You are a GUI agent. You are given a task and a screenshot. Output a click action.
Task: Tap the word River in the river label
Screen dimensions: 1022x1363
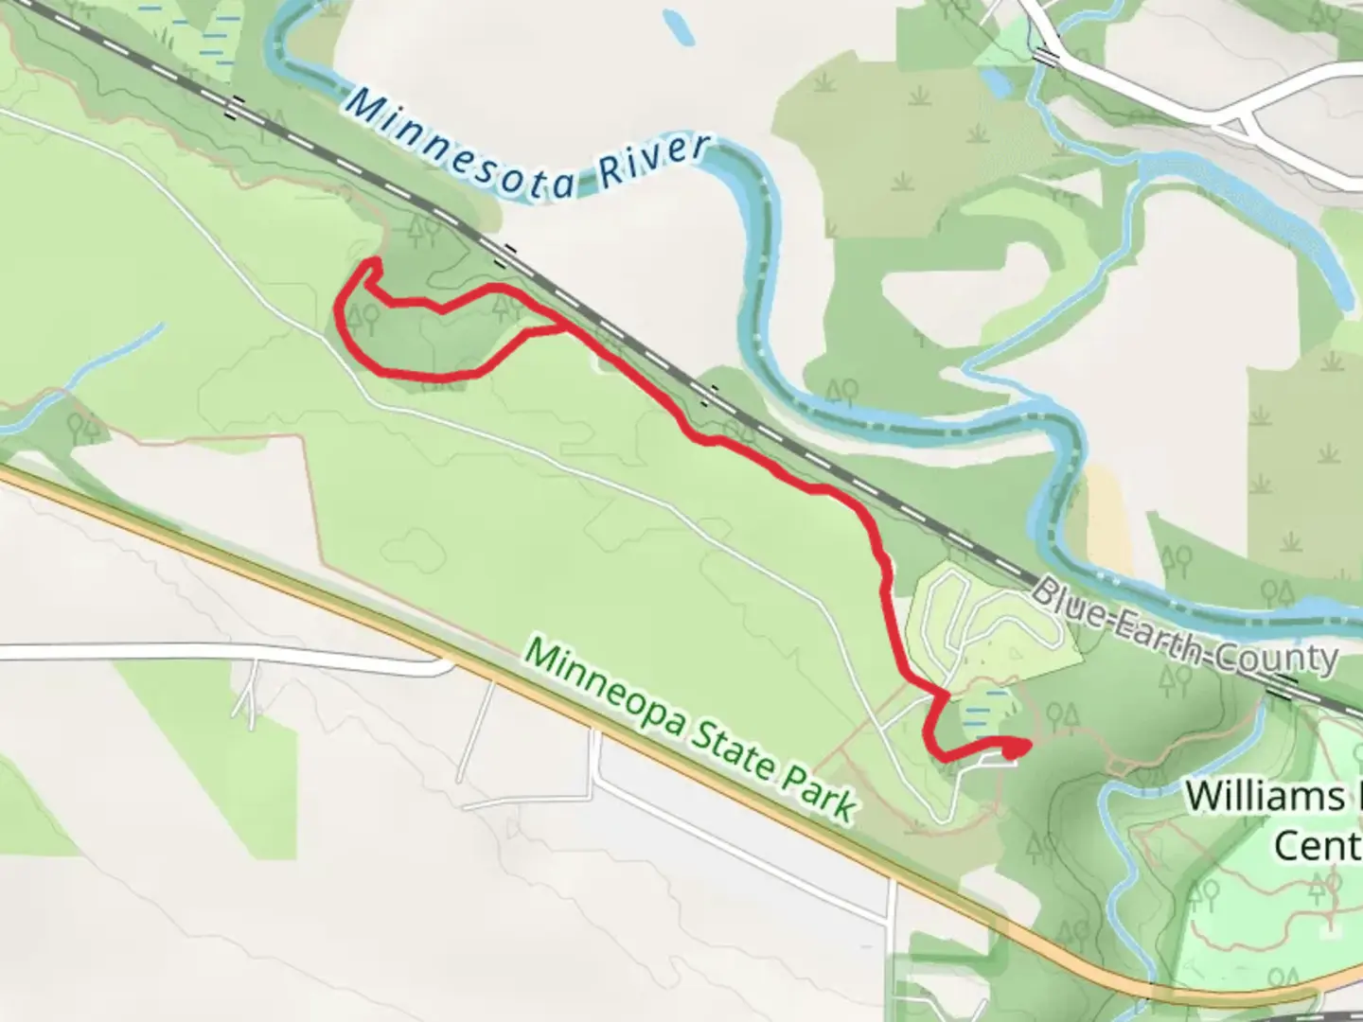tap(653, 165)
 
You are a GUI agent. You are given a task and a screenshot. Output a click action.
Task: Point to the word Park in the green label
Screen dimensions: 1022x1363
tap(820, 796)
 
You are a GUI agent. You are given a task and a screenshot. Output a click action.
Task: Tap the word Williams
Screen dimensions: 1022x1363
tap(1264, 797)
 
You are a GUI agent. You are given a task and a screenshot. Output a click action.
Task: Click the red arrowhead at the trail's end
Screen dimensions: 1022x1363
tap(1017, 749)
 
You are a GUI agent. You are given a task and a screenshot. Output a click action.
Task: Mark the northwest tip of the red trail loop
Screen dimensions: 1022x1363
tap(373, 262)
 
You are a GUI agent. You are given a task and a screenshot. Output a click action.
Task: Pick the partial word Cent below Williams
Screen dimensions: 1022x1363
tap(1316, 845)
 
